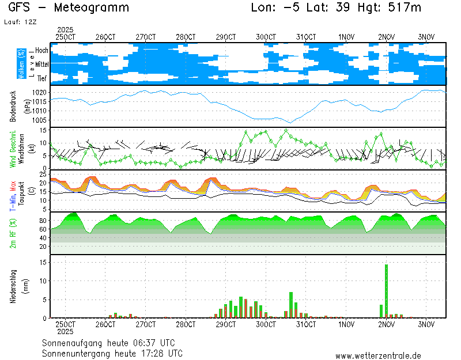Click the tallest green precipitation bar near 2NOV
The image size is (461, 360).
(386, 291)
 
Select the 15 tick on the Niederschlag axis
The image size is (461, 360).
(43, 262)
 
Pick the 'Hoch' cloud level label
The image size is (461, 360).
(41, 51)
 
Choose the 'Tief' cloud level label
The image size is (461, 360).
(41, 77)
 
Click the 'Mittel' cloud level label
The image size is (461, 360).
(41, 63)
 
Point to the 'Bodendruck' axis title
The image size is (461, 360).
(13, 106)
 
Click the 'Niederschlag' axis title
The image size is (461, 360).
(13, 286)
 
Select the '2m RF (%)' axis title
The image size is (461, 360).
(13, 233)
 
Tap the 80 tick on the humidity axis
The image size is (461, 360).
(43, 220)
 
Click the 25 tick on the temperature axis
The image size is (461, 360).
(43, 173)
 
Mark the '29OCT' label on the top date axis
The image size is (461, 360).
(226, 37)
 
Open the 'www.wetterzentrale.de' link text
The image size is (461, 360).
(378, 357)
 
